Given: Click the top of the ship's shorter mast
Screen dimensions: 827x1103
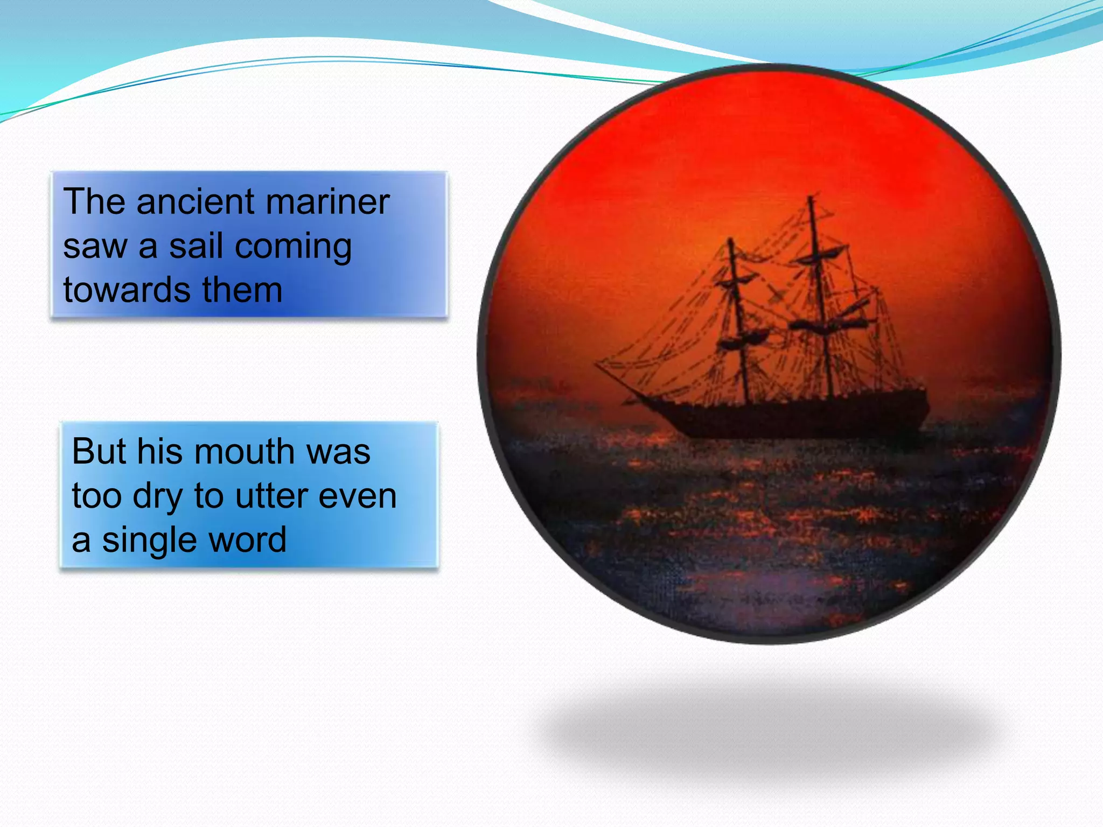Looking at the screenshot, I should [x=731, y=240].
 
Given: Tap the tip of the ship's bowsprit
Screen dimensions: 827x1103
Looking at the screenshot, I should [x=596, y=365].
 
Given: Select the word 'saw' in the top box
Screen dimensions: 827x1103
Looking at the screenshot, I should [x=95, y=247].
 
